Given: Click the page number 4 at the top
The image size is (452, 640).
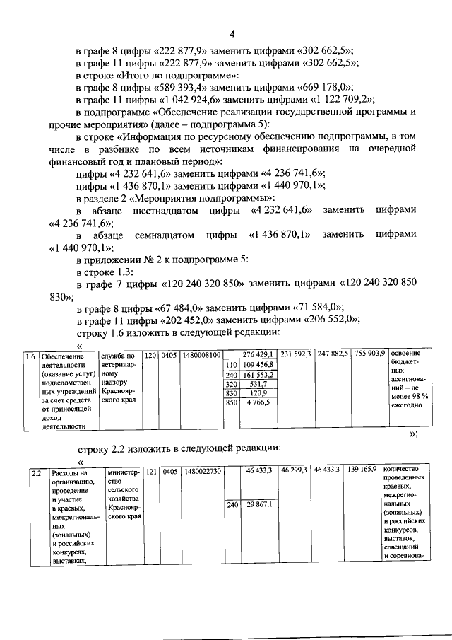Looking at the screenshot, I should coord(230,35).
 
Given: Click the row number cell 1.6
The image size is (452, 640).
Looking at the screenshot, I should coord(30,355).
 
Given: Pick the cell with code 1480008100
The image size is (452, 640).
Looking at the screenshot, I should coord(201,355).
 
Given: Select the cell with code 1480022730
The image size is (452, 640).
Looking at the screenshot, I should coord(203,471).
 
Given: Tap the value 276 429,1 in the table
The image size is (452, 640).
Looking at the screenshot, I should coord(257,354).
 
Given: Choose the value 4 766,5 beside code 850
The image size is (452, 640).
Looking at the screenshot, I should coord(258,402).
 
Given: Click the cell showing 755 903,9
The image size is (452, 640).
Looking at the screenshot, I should coord(369,354).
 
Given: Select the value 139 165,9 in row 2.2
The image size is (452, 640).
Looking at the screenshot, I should coord(361,470).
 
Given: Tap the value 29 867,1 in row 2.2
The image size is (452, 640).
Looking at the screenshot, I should coord(259,505).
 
